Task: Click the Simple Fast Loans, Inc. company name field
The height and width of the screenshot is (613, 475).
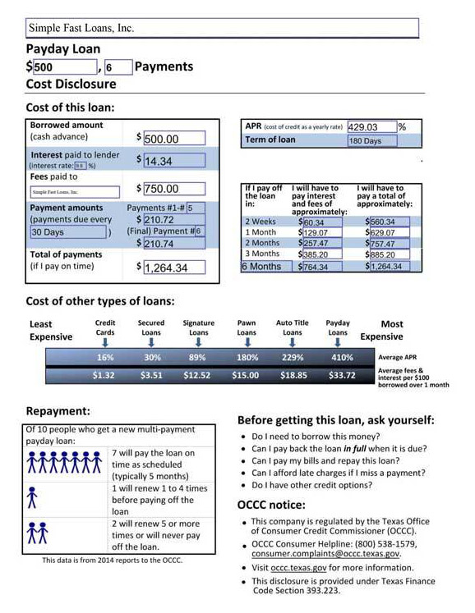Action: tap(222, 28)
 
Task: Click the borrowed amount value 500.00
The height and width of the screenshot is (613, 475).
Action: tap(173, 139)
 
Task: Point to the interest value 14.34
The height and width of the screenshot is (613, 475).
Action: tap(173, 161)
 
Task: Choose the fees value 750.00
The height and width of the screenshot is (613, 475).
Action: tap(173, 189)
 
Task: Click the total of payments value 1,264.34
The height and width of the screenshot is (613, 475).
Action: tap(178, 268)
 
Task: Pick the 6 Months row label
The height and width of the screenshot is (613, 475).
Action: tap(263, 267)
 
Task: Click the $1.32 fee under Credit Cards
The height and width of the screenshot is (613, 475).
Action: tap(104, 376)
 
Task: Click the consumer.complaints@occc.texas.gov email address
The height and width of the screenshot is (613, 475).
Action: tap(326, 554)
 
